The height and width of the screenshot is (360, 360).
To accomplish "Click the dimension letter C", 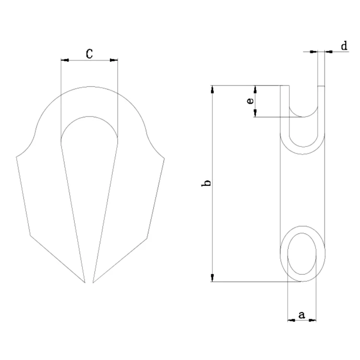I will point(89,53).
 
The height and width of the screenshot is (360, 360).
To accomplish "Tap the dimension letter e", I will point(249,101).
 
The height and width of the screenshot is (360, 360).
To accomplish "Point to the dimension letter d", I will point(344,46).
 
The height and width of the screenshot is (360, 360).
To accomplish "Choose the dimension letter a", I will point(302,315).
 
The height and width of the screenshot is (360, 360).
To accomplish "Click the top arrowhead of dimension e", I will point(255,89).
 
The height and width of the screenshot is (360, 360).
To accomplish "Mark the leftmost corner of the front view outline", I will point(16,156).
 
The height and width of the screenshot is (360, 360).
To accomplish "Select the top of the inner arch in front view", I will point(89,117).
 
